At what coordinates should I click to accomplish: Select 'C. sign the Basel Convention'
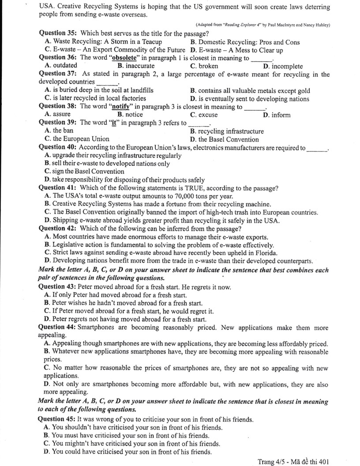pyautogui.click(x=84, y=172)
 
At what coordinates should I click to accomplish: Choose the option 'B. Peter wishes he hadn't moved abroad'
pyautogui.click(x=124, y=303)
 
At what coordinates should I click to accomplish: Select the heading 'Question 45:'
pyautogui.click(x=57, y=419)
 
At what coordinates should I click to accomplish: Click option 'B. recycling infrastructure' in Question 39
pyautogui.click(x=227, y=131)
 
